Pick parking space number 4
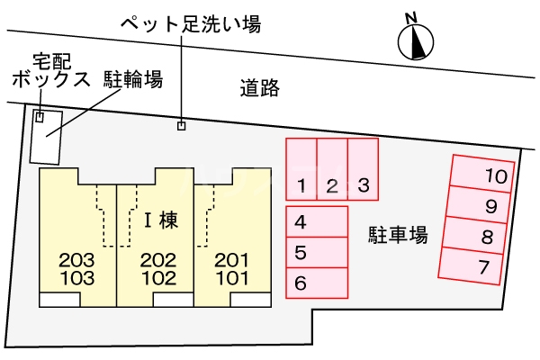317,221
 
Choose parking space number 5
317,252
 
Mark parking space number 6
317,283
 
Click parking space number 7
476,265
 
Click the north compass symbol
415,39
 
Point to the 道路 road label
260,88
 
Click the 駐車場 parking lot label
398,236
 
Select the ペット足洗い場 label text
191,24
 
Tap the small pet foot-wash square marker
181,125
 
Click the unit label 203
76,260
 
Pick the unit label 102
157,277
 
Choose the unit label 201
231,260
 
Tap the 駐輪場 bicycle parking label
132,80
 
